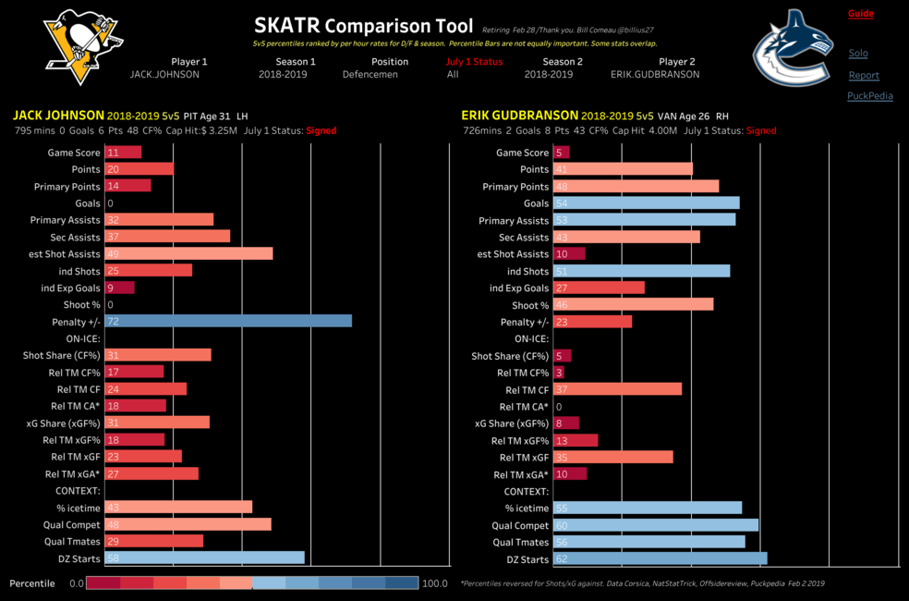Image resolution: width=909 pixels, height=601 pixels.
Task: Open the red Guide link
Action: [860, 14]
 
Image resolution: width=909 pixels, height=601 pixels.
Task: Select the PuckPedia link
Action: [869, 96]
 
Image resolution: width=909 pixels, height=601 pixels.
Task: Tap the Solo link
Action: [858, 54]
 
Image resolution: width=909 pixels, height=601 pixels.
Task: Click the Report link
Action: [864, 75]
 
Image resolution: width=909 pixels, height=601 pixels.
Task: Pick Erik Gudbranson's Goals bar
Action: [646, 202]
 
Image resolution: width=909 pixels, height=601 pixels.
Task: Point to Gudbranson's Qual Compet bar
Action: [655, 524]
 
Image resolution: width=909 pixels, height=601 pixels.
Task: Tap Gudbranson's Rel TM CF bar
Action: [617, 388]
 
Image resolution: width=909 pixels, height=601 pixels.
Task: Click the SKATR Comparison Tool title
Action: [363, 26]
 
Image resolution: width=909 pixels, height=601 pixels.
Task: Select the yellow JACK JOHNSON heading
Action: [57, 117]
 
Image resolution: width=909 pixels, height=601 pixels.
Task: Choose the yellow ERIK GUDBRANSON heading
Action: [520, 117]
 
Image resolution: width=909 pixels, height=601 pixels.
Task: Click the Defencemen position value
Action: [370, 75]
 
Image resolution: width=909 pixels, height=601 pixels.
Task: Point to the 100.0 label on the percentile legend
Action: [434, 583]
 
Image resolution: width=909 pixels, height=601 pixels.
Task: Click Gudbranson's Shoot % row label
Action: [530, 305]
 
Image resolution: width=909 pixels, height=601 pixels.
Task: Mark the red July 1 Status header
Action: [474, 62]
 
